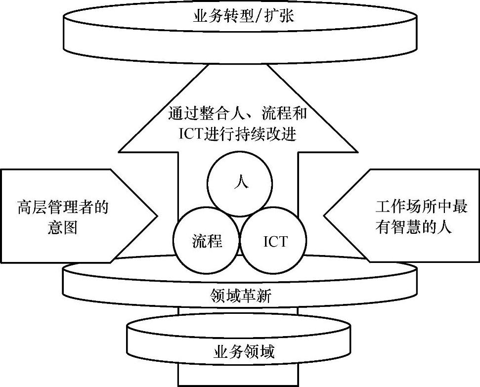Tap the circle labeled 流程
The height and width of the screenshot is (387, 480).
tap(207, 241)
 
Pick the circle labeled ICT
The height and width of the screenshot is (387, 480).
tap(275, 241)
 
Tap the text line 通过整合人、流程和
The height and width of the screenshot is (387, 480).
tap(237, 114)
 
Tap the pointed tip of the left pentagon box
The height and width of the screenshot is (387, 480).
tap(157, 215)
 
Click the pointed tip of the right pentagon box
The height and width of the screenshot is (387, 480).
tap(324, 215)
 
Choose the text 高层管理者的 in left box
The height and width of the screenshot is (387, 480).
tap(62, 206)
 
